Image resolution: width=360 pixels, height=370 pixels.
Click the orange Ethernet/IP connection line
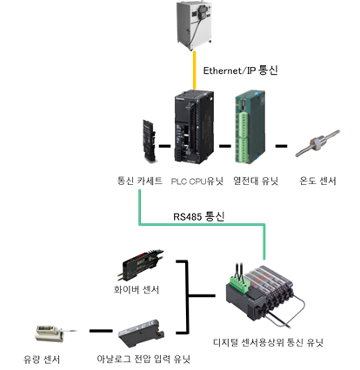tap(195, 70)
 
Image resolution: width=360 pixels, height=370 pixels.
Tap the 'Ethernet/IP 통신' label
tap(240, 70)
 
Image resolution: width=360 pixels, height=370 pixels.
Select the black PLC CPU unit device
tap(195, 127)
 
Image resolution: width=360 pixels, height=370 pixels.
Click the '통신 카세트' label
tap(139, 181)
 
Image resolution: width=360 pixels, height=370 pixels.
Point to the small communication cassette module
tap(149, 141)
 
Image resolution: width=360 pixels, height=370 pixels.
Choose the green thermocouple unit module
tap(250, 127)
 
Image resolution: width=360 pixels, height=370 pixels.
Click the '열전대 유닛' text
tap(256, 181)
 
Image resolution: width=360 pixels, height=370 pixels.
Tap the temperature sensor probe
tap(317, 143)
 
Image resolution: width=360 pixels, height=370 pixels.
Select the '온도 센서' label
tap(317, 181)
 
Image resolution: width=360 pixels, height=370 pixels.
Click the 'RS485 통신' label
tap(199, 216)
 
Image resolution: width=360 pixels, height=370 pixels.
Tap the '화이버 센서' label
tap(137, 289)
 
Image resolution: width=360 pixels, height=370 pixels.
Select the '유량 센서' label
tap(42, 360)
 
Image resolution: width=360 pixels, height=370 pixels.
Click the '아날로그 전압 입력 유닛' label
tap(143, 360)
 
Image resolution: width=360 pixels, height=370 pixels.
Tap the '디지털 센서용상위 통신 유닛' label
tap(268, 342)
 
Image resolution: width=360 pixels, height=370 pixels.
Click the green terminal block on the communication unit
tap(239, 284)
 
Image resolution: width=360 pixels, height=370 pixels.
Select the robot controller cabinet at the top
tap(195, 25)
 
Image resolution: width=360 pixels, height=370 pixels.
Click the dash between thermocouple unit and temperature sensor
tap(281, 146)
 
